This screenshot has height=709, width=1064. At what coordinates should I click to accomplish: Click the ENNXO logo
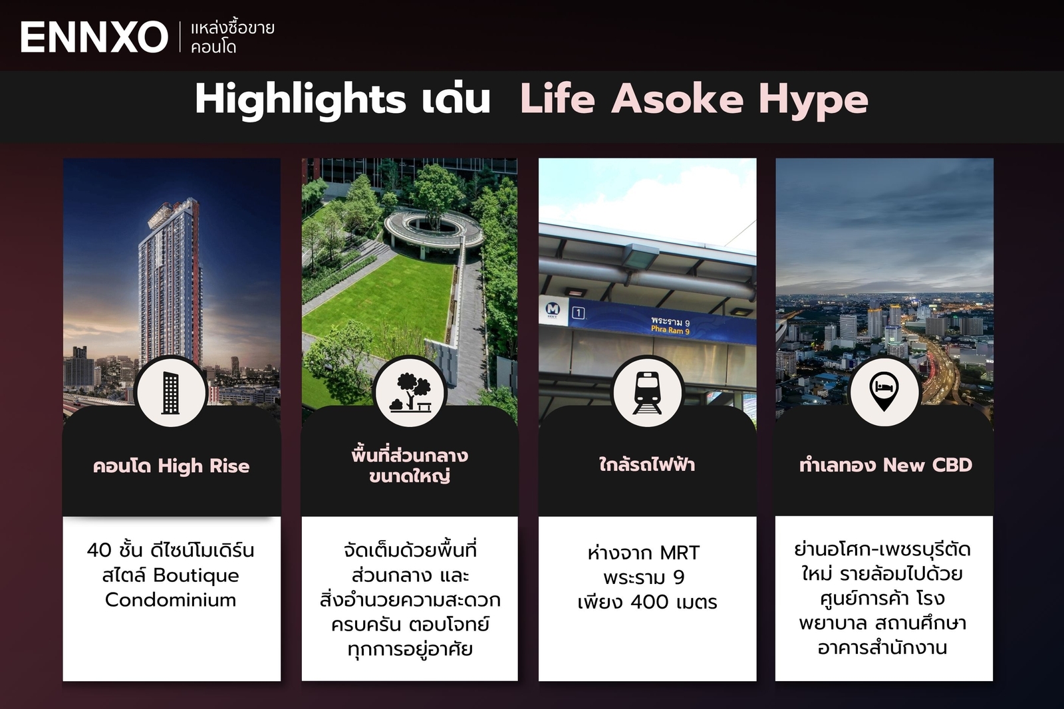94,37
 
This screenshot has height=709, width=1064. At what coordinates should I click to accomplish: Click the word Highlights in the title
300,100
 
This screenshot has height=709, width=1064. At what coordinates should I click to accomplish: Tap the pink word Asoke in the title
677,99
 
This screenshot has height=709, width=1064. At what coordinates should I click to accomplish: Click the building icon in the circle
171,392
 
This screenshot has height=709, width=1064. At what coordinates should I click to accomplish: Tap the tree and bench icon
410,392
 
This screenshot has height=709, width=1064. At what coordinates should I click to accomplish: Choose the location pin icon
884,391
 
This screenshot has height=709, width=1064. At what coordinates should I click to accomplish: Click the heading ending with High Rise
172,466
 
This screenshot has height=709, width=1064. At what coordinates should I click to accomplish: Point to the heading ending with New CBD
885,465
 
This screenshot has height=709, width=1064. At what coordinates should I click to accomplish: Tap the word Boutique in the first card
196,575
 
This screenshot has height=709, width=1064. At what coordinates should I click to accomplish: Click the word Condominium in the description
171,600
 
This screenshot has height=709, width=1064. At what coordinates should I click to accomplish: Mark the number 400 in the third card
649,602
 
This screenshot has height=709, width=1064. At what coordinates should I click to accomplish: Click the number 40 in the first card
99,551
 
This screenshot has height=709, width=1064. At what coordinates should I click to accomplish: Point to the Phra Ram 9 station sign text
670,326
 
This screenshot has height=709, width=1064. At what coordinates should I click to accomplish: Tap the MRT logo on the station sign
553,309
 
